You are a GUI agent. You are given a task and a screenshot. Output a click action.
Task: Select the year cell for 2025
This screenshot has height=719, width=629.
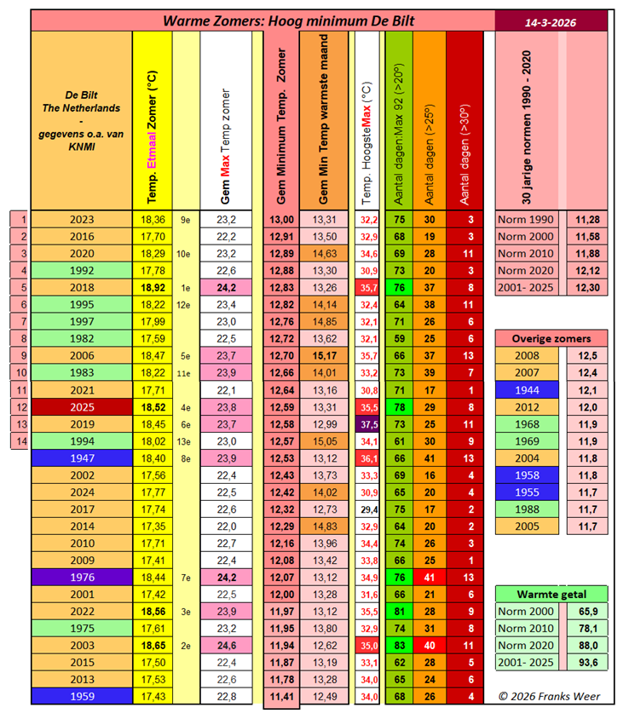tap(83, 407)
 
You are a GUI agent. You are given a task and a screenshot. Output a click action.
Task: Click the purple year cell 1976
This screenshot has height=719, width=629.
tap(83, 577)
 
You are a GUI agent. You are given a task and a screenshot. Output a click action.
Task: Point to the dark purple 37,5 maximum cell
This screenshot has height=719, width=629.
tap(369, 424)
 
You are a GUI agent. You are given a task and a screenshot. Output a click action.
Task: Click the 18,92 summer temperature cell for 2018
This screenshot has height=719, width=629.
tap(153, 288)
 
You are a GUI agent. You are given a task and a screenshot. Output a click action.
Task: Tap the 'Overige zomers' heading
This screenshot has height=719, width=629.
tap(551, 338)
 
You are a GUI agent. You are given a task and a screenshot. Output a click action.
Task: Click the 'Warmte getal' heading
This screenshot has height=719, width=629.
tap(551, 594)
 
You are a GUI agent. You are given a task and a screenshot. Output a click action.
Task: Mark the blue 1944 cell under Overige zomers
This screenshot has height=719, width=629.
tap(526, 389)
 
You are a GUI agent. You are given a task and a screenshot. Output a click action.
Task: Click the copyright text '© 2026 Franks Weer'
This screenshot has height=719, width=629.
tap(550, 697)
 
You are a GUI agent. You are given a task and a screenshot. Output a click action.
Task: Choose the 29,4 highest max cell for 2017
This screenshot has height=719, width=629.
tap(369, 509)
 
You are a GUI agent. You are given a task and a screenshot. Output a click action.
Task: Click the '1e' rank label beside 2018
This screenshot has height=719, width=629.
tap(186, 288)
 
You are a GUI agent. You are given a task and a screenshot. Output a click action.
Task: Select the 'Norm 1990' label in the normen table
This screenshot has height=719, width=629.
tap(526, 220)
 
